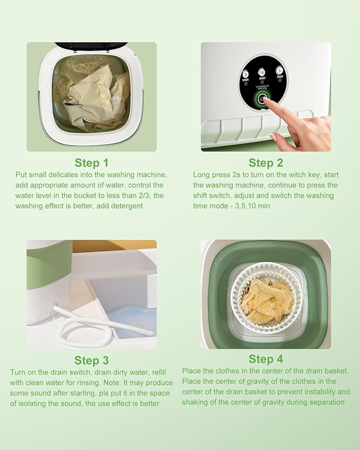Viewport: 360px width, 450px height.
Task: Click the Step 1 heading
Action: (x=91, y=163)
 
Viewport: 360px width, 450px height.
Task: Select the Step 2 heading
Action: (x=266, y=163)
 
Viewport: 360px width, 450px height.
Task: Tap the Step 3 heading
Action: (x=91, y=360)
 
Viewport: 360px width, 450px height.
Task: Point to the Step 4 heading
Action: (x=266, y=359)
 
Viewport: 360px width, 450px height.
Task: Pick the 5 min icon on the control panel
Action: (x=279, y=73)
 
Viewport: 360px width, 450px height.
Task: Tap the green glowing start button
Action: (x=261, y=99)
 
